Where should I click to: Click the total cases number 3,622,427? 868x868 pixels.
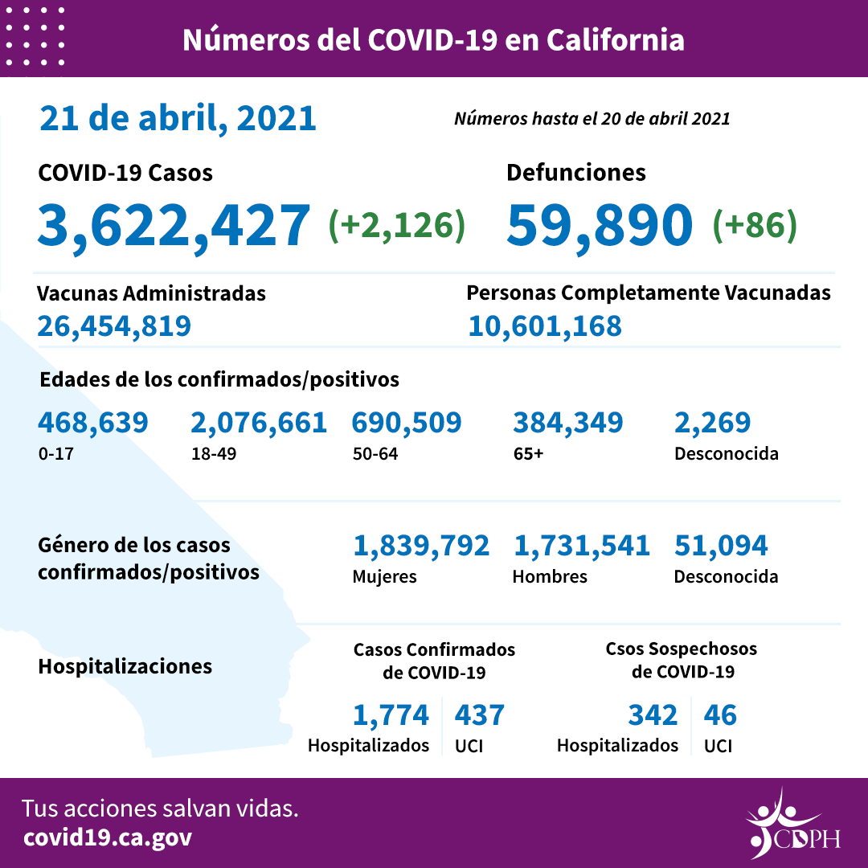173,225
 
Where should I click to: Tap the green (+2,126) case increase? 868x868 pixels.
397,226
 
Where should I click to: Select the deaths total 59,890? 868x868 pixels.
600,225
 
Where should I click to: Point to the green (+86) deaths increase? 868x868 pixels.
755,226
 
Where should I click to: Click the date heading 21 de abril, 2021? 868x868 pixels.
178,118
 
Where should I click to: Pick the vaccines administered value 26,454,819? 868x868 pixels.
114,326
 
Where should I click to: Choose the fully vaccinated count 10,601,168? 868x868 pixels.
544,326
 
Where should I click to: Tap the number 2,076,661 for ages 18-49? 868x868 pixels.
259,423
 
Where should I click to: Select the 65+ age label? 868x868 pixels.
528,453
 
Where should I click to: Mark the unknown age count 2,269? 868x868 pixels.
712,423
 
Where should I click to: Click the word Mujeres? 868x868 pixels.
384,576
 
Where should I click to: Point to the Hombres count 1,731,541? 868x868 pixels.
581,547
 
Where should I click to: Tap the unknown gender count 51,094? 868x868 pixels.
720,547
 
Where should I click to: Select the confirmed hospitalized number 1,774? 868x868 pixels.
391,714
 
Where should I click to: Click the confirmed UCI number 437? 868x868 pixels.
479,714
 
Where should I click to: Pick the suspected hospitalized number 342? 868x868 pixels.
652,714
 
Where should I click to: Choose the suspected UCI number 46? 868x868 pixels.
719,714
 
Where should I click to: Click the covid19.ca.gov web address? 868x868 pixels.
108,837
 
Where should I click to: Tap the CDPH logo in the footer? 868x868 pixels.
792,824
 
